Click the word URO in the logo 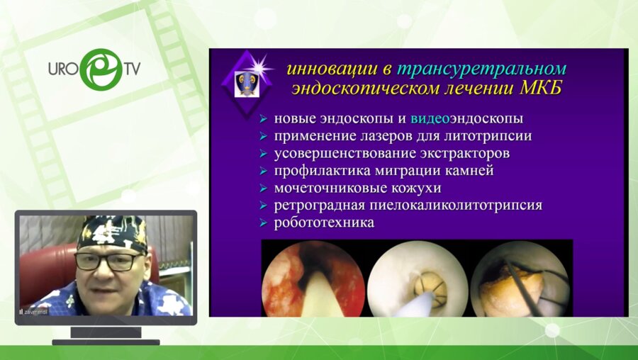click(62, 69)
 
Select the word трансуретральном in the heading click(481, 69)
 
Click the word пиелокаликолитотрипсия click(449, 206)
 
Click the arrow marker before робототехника click(264, 223)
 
